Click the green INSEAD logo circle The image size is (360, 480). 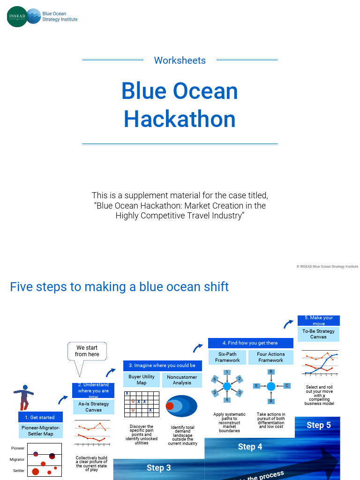17,16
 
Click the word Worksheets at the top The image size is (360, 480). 180,60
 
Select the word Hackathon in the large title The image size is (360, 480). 180,119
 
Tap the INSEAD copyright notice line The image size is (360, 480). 327,266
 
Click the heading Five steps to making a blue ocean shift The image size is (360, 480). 119,287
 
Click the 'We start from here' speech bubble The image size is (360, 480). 87,352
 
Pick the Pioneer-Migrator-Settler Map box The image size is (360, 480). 40,430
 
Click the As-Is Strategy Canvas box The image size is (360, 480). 93,406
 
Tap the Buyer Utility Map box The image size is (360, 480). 142,380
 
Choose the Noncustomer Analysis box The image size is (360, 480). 182,380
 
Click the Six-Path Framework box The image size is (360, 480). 227,357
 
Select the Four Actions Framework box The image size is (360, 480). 270,357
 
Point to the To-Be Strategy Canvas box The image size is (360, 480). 318,334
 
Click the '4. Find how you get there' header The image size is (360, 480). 250,343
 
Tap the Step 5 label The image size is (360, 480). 318,425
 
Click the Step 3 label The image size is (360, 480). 158,467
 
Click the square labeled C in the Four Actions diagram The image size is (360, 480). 286,386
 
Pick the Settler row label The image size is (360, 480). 19,471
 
